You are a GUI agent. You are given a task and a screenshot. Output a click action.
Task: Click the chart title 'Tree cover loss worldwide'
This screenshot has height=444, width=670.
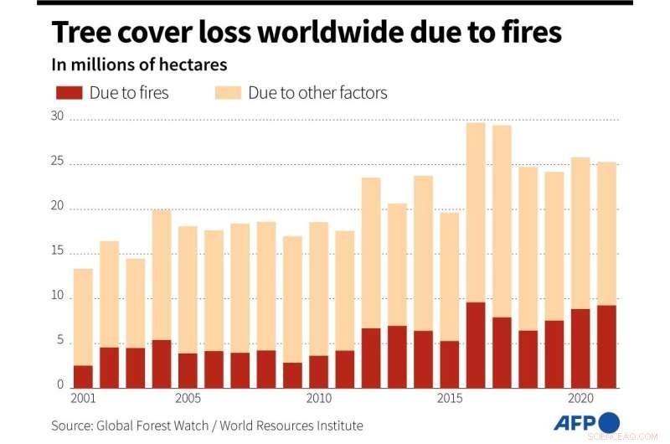[x=306, y=34]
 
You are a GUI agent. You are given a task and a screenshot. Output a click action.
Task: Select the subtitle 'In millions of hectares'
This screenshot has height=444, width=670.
[x=139, y=65]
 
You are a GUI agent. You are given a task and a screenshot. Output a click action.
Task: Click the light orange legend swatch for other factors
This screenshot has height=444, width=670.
[x=228, y=92]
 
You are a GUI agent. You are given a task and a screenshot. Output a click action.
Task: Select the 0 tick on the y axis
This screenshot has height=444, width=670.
[x=59, y=385]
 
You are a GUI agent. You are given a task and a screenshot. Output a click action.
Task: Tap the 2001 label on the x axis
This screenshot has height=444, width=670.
[x=83, y=400]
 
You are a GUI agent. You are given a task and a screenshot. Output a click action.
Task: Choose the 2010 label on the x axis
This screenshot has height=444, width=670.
[x=318, y=400]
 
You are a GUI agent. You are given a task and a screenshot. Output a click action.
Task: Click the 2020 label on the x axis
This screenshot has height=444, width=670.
[x=580, y=400]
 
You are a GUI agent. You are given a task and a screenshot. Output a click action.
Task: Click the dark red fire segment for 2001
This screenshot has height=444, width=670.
[x=83, y=376]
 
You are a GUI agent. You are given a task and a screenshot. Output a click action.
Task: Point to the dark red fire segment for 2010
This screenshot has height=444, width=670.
[x=318, y=371]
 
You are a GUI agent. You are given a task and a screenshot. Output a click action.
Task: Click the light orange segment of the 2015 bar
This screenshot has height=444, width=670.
[x=449, y=276]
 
